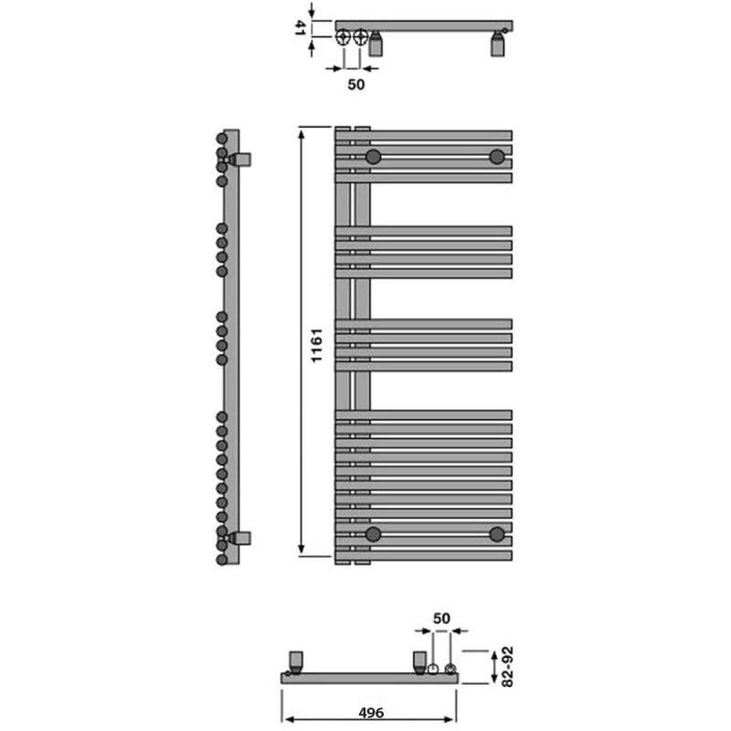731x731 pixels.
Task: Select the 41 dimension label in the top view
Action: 299,26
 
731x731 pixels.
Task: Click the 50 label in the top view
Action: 356,84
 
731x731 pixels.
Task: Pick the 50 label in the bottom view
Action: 441,619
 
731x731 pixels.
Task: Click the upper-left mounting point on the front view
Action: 373,156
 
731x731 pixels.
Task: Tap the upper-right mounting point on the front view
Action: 497,156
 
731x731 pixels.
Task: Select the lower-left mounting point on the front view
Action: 373,534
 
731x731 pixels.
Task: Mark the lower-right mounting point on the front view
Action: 497,534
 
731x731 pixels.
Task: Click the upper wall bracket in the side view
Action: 241,159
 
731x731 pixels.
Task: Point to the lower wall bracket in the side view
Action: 241,536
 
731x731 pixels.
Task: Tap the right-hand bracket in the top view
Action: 498,43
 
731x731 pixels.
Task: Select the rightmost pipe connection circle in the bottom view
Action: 450,670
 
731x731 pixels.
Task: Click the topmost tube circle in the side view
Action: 221,139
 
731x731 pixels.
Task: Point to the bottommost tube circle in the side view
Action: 221,557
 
